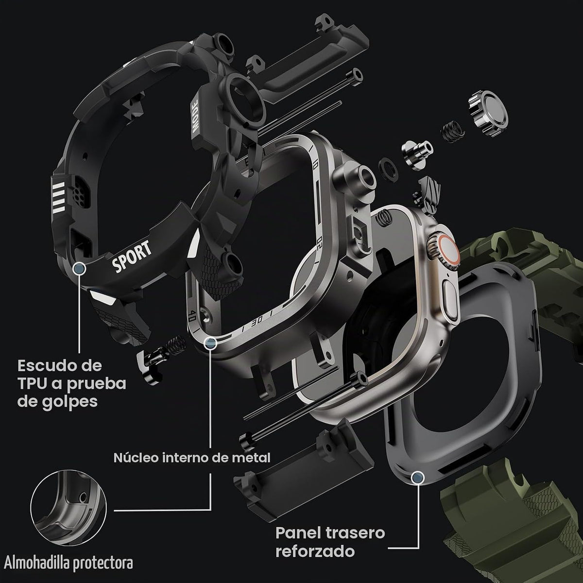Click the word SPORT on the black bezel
[132, 256]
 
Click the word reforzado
[315, 552]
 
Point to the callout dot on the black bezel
[80, 268]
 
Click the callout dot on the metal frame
[210, 343]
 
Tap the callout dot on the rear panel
[418, 477]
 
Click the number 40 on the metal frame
[192, 317]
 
